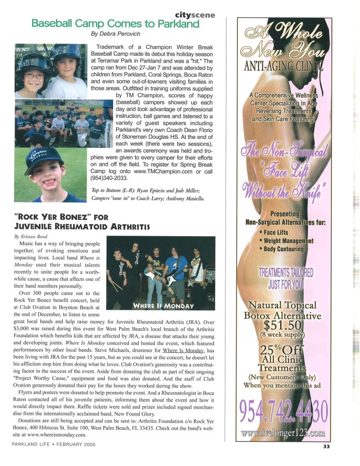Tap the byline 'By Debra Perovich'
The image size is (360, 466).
(117, 34)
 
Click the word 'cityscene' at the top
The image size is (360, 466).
(195, 15)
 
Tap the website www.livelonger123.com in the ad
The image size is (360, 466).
(283, 433)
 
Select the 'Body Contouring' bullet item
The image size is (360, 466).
(284, 249)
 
